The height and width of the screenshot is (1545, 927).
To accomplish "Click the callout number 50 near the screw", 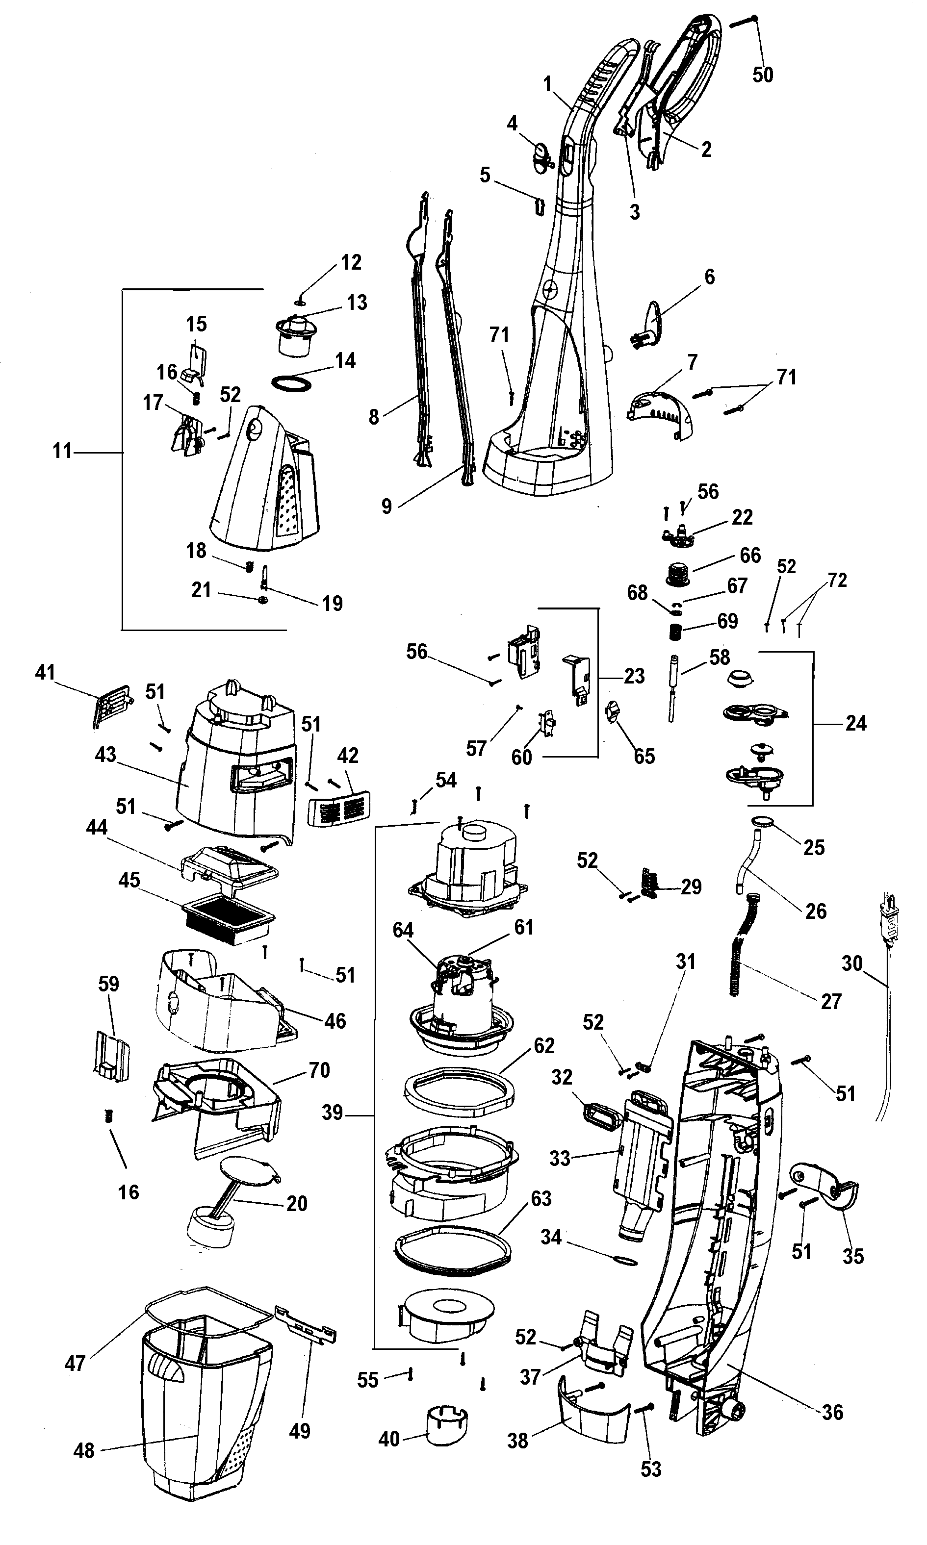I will (762, 75).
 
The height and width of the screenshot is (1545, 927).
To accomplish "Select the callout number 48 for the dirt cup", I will (84, 1450).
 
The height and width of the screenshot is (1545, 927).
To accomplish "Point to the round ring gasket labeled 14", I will (292, 383).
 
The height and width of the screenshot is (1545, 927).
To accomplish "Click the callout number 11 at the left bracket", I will (62, 451).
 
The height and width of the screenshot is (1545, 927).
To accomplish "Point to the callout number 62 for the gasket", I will (544, 1045).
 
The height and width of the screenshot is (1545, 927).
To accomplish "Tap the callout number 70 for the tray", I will (319, 1070).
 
